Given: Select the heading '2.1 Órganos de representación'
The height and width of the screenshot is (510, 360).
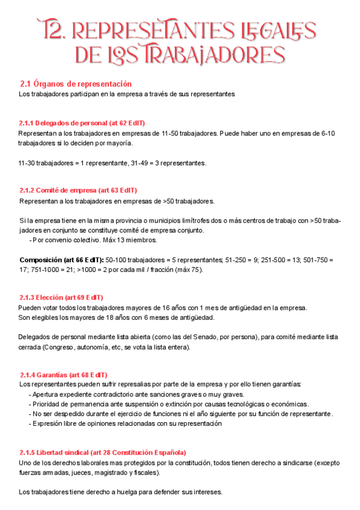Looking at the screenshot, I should (76, 84).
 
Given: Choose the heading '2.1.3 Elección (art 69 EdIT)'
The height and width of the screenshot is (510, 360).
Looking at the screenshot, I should (61, 298).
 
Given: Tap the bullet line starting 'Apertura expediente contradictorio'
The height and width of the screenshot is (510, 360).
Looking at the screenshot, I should (136, 395).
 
